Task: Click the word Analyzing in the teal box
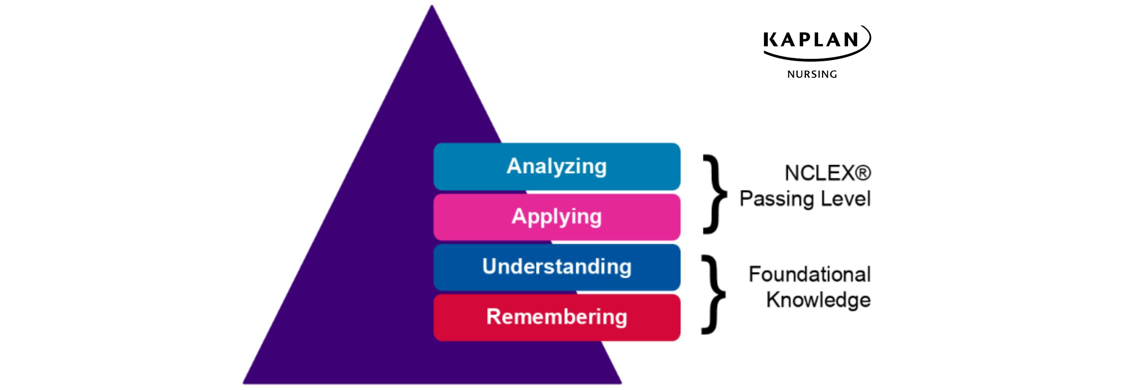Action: point(556,166)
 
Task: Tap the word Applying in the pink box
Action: point(556,217)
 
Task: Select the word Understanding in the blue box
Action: point(556,266)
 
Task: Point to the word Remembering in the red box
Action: point(556,317)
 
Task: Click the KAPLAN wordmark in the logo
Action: point(811,40)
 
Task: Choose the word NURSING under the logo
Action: point(812,74)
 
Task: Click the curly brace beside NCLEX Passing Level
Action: point(714,194)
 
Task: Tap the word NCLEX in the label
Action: point(819,173)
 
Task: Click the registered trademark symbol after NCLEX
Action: point(863,173)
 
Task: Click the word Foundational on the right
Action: point(809,275)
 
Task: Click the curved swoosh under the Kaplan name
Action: point(815,57)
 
